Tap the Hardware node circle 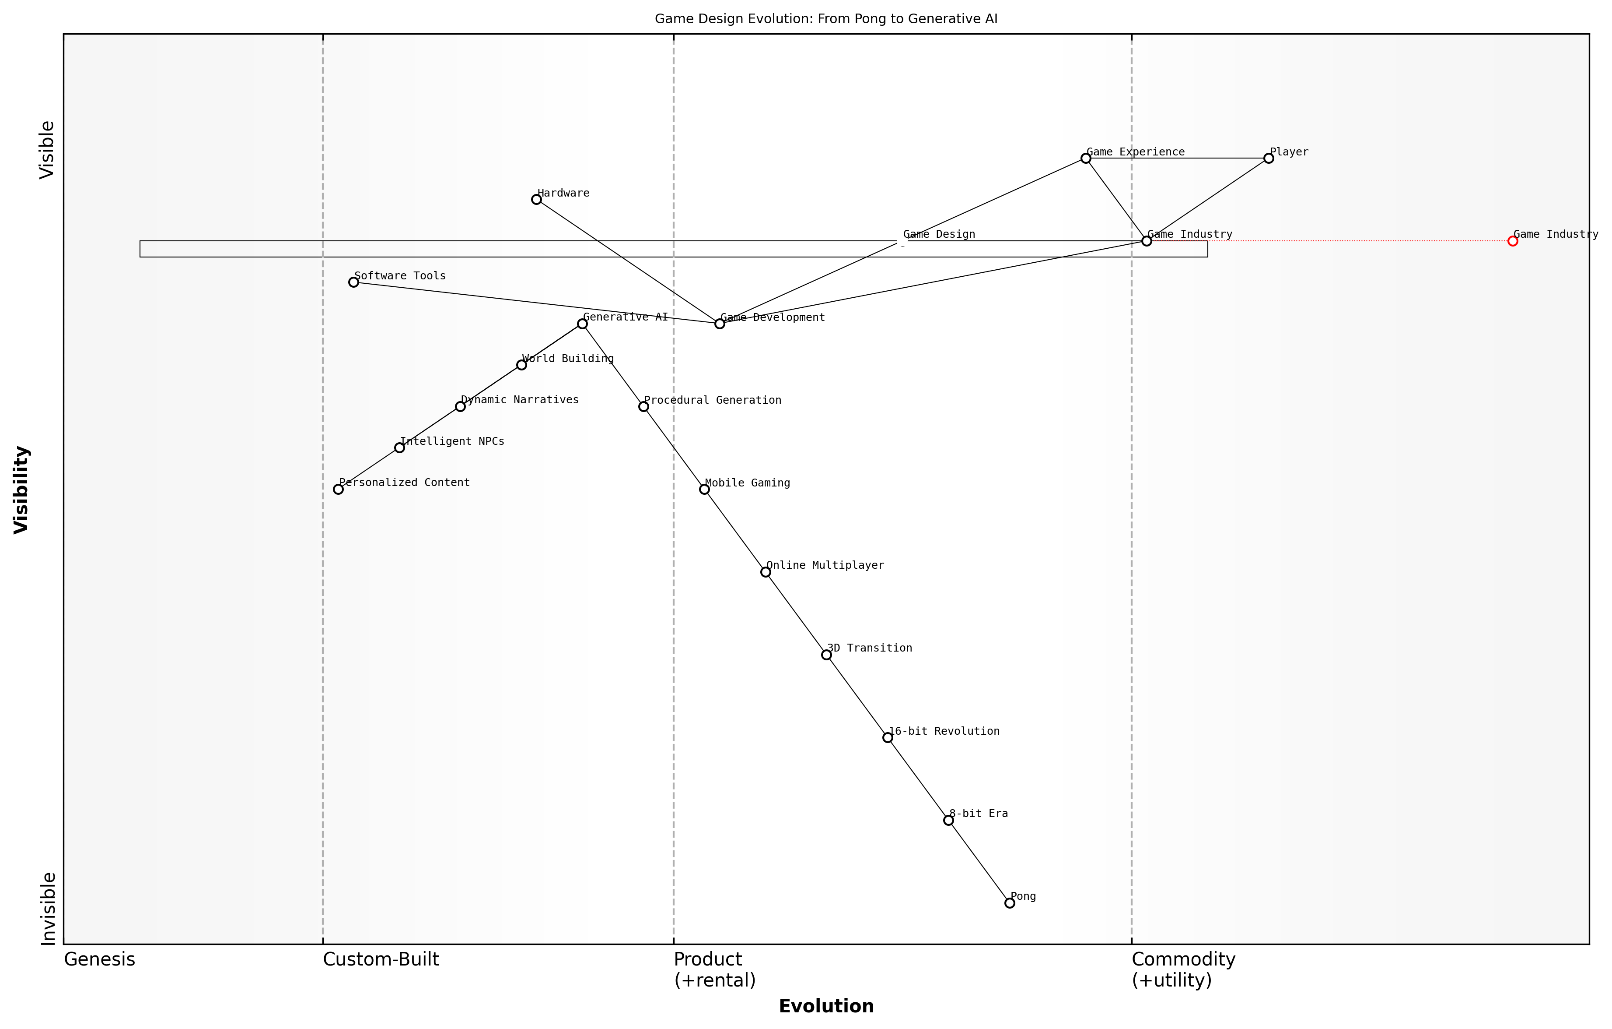pos(536,200)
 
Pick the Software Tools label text pos(400,276)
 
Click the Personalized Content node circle pos(338,489)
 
